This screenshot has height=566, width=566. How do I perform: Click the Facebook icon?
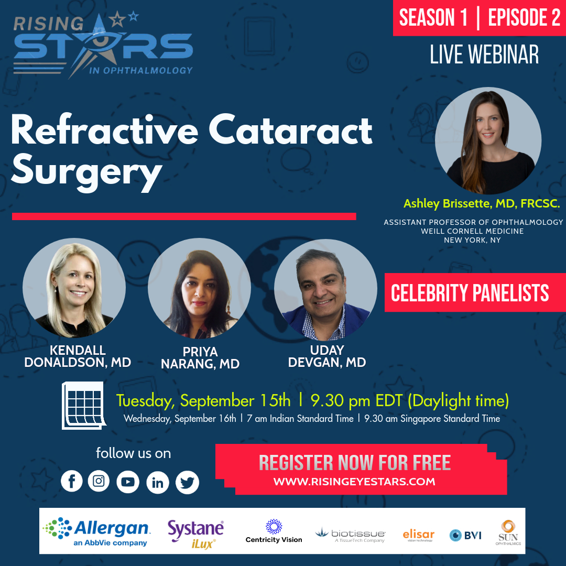(72, 481)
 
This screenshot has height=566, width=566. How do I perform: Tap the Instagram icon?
(99, 481)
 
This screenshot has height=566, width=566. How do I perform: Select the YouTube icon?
(128, 482)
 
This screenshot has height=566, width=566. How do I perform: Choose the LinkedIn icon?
(157, 482)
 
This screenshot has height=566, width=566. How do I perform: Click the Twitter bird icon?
(187, 482)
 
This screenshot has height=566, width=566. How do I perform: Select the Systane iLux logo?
(195, 534)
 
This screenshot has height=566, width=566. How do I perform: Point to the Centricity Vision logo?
(274, 531)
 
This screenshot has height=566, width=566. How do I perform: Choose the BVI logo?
(465, 535)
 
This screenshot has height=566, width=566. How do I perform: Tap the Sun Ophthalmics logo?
(507, 532)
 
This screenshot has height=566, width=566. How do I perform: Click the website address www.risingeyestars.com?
(354, 481)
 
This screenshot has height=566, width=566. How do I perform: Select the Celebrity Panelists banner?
(470, 293)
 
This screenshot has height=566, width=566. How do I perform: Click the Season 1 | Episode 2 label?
(480, 18)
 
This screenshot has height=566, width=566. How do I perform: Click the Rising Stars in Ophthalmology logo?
(103, 46)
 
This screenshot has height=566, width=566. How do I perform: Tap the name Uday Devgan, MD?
(326, 356)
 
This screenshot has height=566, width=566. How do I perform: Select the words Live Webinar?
(484, 55)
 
